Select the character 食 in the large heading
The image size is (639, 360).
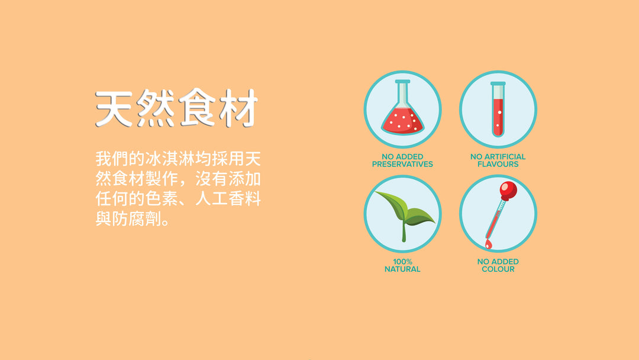tap(197, 108)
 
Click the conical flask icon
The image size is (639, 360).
tap(403, 107)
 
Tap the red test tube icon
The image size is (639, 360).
tap(498, 110)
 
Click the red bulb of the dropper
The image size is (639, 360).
tap(508, 191)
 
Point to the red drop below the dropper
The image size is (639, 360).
tap(488, 244)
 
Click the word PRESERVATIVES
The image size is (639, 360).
tap(402, 164)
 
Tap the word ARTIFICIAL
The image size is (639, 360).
tap(505, 156)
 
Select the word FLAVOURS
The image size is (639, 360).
tap(498, 164)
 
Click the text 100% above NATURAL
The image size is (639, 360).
tap(402, 262)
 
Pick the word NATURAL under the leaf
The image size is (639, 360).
tap(402, 269)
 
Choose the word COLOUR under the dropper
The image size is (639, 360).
tap(498, 269)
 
